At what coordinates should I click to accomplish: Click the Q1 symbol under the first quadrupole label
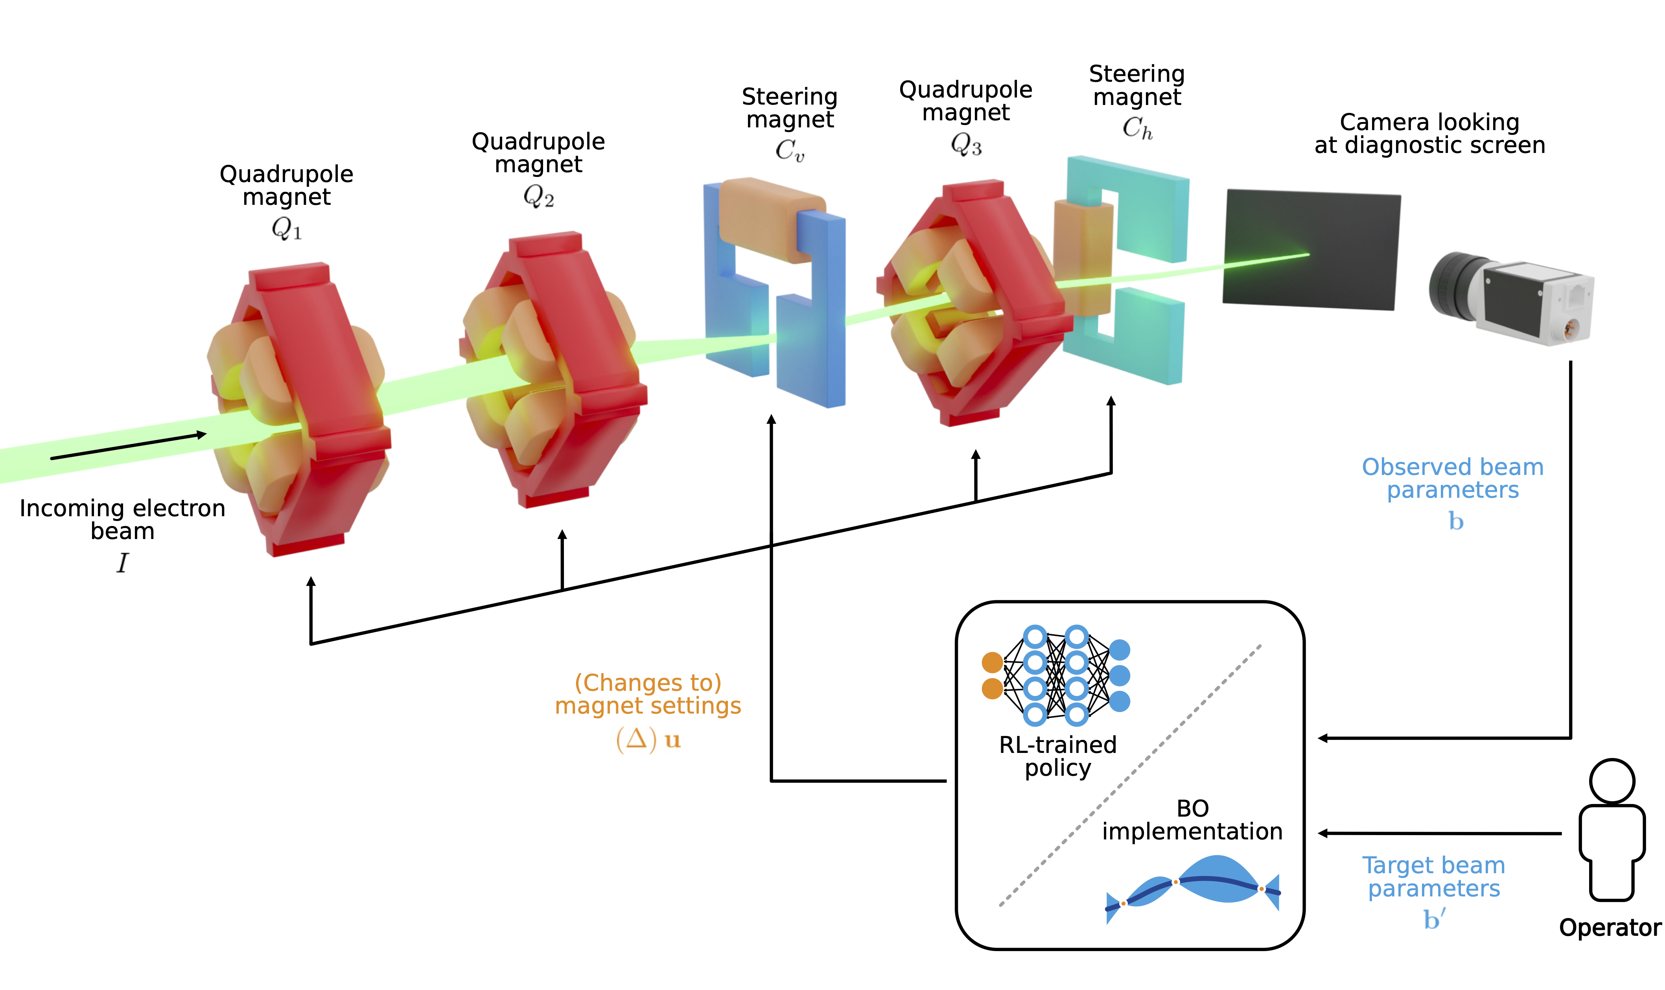point(286,230)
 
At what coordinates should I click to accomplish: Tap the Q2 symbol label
point(538,196)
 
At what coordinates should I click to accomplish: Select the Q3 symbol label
point(965,144)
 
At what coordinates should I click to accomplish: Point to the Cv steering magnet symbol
point(789,151)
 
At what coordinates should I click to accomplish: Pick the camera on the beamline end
point(1511,298)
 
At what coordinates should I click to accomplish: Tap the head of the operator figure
point(1611,780)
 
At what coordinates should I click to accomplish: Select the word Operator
point(1610,927)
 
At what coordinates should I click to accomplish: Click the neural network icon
point(1055,675)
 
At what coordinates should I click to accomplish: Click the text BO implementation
point(1192,820)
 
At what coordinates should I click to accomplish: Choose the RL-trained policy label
point(1057,756)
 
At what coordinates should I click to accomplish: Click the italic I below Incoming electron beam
point(122,562)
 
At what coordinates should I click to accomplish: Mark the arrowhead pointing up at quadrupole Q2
point(562,535)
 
